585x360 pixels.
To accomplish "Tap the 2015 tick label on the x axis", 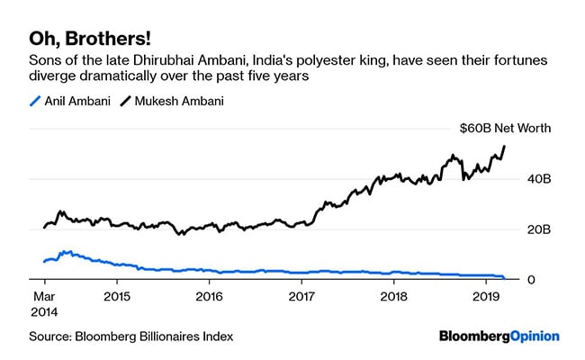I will (117, 295).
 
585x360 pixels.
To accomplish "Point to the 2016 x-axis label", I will (209, 295).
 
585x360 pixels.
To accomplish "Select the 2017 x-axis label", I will (301, 295).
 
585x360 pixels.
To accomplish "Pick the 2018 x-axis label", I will (393, 295).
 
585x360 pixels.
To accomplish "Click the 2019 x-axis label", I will (486, 295).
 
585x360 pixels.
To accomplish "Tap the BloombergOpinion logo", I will (499, 336).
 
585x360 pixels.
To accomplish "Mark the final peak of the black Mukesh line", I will (504, 146).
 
